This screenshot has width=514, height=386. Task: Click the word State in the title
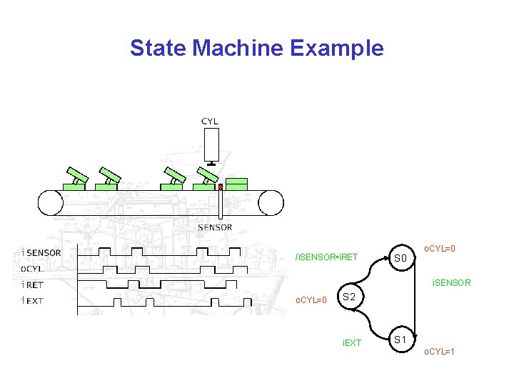(158, 49)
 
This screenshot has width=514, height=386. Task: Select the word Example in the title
(337, 49)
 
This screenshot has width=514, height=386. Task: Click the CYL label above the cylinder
(210, 122)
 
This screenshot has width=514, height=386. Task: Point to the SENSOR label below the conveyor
(215, 227)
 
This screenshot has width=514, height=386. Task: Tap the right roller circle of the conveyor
(271, 202)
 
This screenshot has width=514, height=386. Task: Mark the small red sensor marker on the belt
(221, 187)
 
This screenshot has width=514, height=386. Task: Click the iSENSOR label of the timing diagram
(41, 252)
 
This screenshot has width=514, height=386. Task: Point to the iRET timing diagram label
(32, 284)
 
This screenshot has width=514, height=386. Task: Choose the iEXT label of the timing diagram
(33, 300)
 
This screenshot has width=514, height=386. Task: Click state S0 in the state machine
(400, 258)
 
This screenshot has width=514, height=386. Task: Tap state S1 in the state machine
(400, 339)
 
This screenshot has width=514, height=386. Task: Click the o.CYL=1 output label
(440, 352)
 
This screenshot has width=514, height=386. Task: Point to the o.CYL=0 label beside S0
(440, 249)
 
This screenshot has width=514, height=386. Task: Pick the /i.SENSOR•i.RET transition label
(327, 257)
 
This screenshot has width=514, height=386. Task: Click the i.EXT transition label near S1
(352, 343)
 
